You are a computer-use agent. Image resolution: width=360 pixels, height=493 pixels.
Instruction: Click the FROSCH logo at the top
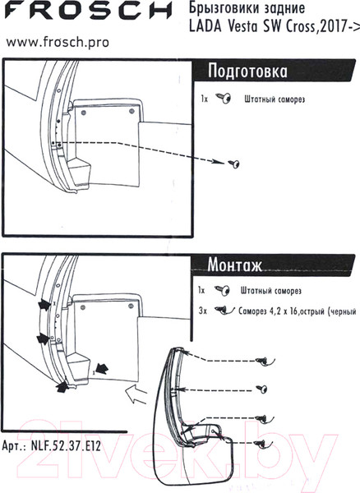(x=88, y=10)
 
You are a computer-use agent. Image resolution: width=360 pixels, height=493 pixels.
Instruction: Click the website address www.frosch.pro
(x=58, y=42)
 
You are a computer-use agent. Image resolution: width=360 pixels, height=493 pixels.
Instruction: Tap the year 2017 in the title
(x=333, y=27)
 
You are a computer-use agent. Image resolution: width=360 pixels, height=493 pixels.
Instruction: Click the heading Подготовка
(x=247, y=71)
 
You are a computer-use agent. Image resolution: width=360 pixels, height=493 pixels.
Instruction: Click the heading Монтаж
(x=234, y=265)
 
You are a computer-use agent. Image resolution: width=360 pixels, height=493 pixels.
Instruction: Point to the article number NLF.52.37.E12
(x=66, y=445)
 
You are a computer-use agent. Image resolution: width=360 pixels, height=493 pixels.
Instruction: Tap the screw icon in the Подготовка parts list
(x=224, y=99)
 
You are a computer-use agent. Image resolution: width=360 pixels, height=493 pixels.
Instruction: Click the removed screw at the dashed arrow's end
(x=234, y=164)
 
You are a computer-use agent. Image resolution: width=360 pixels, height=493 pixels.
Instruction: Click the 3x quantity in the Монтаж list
(x=203, y=311)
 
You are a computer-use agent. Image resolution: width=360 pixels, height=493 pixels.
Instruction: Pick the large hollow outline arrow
(x=136, y=394)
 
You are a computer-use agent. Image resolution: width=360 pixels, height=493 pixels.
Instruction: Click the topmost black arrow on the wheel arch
(x=44, y=305)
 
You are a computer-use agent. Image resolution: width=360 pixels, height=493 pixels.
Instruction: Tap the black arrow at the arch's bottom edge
(x=62, y=386)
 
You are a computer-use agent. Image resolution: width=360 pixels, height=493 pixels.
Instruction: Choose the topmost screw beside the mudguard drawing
(x=265, y=361)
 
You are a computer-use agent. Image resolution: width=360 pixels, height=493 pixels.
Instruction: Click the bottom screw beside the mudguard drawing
(x=264, y=443)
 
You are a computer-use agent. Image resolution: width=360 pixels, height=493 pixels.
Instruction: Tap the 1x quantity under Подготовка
(x=205, y=99)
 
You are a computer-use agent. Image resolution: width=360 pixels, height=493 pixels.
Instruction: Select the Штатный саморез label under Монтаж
(x=271, y=291)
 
